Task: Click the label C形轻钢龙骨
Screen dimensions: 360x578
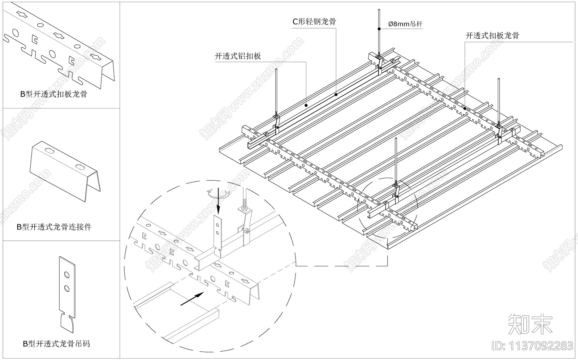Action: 314,22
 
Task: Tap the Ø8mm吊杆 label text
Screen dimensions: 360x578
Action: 405,24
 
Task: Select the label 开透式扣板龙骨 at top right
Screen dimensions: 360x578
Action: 492,35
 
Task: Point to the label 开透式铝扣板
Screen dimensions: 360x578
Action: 238,56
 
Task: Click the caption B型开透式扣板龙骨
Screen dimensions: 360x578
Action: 53,94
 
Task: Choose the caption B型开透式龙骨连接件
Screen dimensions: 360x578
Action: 54,227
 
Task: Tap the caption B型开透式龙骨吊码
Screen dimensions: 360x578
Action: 56,344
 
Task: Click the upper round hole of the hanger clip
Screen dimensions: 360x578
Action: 67,275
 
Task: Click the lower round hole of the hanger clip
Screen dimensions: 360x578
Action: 67,288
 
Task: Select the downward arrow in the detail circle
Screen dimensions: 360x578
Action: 218,206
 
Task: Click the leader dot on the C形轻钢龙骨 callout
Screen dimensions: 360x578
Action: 336,94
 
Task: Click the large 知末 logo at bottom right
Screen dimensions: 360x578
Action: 530,323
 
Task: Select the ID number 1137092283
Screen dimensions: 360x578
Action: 532,346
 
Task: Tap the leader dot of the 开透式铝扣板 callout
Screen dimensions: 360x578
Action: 306,105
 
